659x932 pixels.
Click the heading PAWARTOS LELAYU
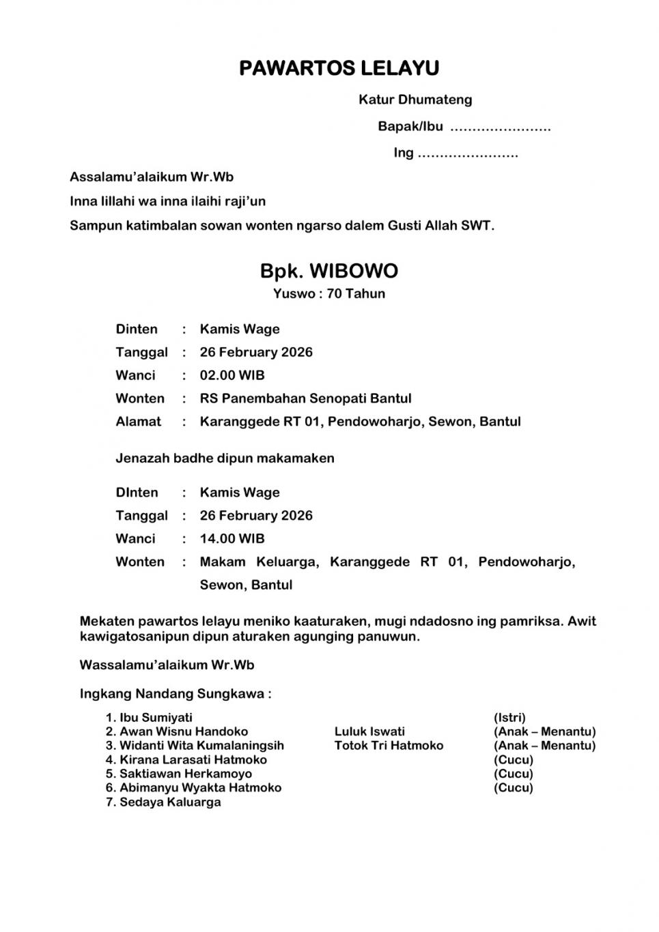tap(339, 68)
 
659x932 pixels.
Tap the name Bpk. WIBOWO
tap(328, 271)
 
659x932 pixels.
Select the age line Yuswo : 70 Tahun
tap(328, 294)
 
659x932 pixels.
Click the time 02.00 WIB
tap(232, 375)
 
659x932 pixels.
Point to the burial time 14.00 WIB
tap(232, 538)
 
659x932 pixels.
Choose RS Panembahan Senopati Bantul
tap(305, 398)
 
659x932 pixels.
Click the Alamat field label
tap(139, 422)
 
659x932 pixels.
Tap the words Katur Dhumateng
tap(415, 100)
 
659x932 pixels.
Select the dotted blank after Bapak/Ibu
tap(501, 128)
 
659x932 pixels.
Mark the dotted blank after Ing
tap(468, 154)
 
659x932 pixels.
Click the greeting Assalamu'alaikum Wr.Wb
tap(152, 177)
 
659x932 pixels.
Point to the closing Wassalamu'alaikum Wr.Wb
tap(167, 665)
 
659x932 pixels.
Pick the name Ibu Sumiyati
tap(156, 718)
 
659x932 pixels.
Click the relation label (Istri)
tap(509, 718)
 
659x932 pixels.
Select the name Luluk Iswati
tap(369, 731)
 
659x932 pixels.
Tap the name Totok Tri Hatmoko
tap(389, 746)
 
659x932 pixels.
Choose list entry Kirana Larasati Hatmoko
tap(193, 760)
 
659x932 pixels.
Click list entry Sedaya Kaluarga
tap(170, 802)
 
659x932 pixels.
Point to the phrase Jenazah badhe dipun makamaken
tap(225, 458)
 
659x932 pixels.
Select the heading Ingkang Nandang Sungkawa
tap(175, 694)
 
